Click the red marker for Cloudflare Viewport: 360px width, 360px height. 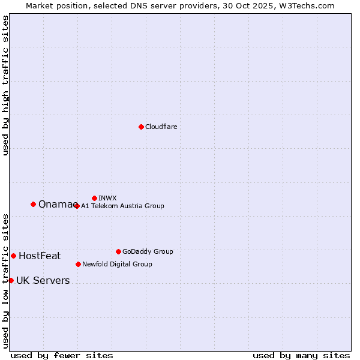(x=141, y=127)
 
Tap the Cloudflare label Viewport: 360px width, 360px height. (x=161, y=127)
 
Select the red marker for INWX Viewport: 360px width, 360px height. (x=94, y=198)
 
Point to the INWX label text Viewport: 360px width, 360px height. (x=107, y=198)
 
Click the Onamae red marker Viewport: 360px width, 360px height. (x=33, y=204)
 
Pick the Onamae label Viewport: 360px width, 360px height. (x=57, y=205)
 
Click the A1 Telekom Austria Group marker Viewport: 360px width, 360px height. (x=77, y=206)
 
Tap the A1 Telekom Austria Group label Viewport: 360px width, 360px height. (x=122, y=206)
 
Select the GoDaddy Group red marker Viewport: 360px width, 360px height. (x=118, y=251)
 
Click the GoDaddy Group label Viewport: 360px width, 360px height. (x=148, y=251)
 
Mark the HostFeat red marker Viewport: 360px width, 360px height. (x=13, y=256)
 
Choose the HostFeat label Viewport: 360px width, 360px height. (x=40, y=256)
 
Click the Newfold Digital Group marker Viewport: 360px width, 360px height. (x=78, y=264)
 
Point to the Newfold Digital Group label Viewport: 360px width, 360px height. (x=117, y=264)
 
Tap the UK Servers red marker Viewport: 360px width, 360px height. (x=11, y=280)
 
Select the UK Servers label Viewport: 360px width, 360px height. (x=43, y=281)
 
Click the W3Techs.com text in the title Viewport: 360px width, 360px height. (x=305, y=5)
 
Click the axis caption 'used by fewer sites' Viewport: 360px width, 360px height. (x=62, y=355)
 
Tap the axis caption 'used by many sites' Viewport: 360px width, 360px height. (x=301, y=355)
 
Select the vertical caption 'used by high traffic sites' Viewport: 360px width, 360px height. (x=5, y=85)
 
